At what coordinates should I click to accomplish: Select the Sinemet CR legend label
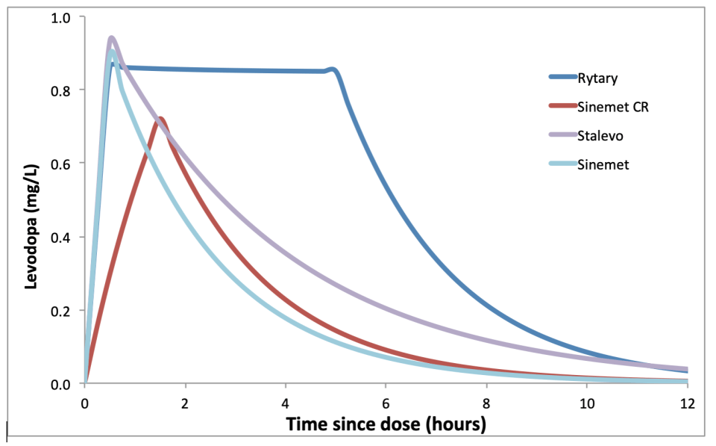pyautogui.click(x=613, y=106)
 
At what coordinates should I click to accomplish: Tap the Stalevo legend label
pyautogui.click(x=600, y=135)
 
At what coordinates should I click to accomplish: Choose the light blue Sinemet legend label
pyautogui.click(x=603, y=165)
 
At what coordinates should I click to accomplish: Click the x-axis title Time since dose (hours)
pyautogui.click(x=386, y=425)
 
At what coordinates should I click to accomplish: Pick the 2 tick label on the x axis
pyautogui.click(x=186, y=403)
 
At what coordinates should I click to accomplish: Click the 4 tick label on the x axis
pyautogui.click(x=286, y=403)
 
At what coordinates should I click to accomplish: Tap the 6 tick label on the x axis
pyautogui.click(x=386, y=403)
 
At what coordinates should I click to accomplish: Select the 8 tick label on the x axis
pyautogui.click(x=487, y=403)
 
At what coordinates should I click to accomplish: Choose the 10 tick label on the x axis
pyautogui.click(x=587, y=403)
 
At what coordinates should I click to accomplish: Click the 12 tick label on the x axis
pyautogui.click(x=687, y=403)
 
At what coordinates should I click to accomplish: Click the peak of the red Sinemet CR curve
pyautogui.click(x=160, y=118)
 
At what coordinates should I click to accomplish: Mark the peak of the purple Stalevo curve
pyautogui.click(x=112, y=38)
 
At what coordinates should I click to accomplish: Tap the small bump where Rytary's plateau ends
pyautogui.click(x=333, y=70)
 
